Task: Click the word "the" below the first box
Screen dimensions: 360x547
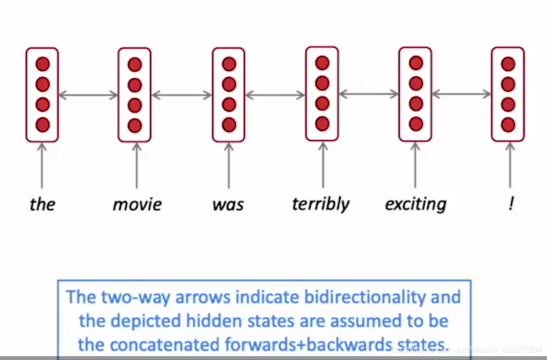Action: [x=42, y=204]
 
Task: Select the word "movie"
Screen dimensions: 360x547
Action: [x=136, y=204]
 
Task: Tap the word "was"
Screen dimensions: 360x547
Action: [x=228, y=204]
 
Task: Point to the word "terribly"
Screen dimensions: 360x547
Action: [x=321, y=204]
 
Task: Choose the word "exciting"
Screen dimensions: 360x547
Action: [x=416, y=204]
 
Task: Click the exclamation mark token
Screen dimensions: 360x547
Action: [x=510, y=204]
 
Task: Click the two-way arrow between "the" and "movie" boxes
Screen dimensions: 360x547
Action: [x=88, y=95]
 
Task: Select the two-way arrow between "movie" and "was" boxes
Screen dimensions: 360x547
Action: [x=182, y=95]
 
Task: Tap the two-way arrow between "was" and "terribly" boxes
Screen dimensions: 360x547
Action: [x=275, y=95]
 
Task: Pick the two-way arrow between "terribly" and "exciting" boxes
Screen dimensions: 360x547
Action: [x=368, y=94]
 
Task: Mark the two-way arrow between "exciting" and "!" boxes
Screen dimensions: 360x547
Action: [x=462, y=94]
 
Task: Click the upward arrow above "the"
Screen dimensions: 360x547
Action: [x=42, y=165]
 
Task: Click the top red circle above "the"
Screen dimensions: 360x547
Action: [x=43, y=64]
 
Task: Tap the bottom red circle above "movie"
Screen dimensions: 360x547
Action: [x=135, y=126]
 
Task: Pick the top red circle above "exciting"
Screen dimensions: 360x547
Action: [x=416, y=63]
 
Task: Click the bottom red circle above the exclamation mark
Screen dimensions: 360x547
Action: [x=508, y=125]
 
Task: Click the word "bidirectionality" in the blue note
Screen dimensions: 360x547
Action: [x=366, y=297]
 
